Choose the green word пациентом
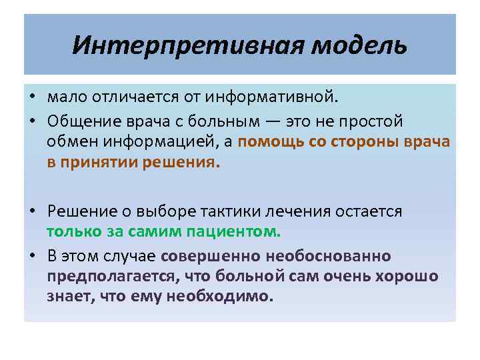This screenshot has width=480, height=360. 237,232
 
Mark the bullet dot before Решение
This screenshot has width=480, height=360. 31,212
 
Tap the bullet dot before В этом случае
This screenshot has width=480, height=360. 31,256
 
